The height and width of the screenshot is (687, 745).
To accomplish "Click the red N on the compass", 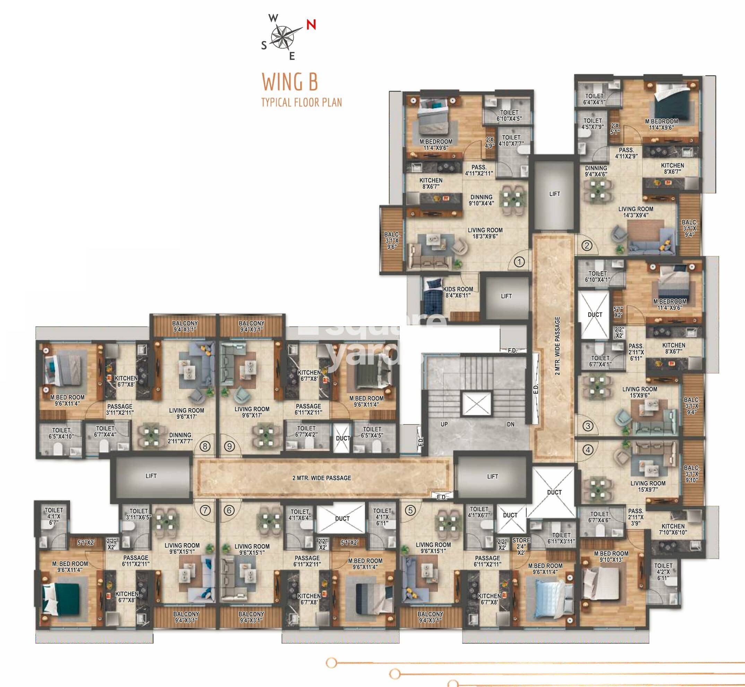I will [x=311, y=25].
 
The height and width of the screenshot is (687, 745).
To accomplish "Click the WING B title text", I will [x=290, y=82].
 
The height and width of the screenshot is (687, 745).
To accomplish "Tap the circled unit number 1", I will [x=519, y=262].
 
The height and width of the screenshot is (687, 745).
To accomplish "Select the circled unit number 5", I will [x=410, y=510].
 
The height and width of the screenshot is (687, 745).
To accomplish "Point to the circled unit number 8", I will [x=205, y=446].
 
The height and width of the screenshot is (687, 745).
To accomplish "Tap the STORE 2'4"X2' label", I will [x=521, y=546].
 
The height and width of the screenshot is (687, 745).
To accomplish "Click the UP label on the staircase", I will [x=444, y=424].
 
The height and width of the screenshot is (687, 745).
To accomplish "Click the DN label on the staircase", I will [x=511, y=424].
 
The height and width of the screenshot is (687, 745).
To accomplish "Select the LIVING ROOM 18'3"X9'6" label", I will [x=485, y=233].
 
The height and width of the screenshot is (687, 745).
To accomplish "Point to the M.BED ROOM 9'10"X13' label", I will [x=611, y=557].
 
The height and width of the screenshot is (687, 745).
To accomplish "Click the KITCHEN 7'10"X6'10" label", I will [x=673, y=529].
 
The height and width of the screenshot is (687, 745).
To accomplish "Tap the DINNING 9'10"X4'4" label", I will [x=481, y=200].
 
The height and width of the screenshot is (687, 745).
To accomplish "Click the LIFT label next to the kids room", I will [x=506, y=296].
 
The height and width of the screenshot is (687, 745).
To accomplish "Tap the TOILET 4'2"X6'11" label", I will [x=663, y=572].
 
